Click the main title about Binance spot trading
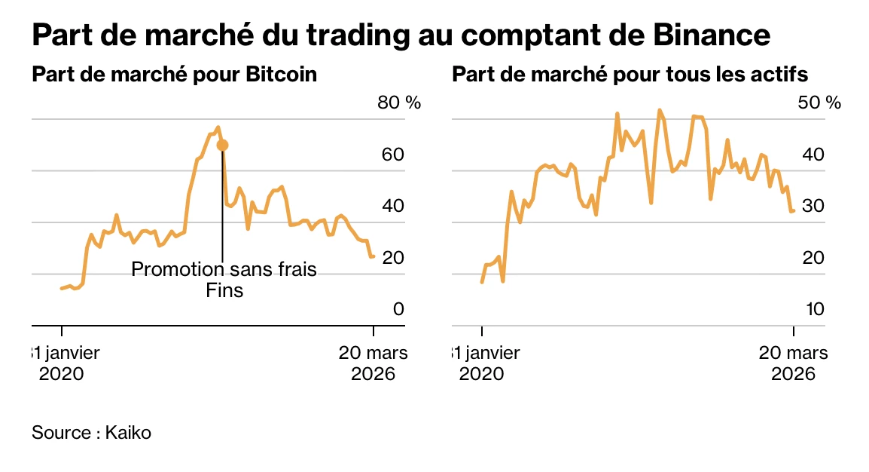click(x=401, y=35)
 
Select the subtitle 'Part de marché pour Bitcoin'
click(x=174, y=75)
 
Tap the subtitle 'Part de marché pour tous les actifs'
click(x=630, y=75)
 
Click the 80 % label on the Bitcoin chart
click(x=398, y=103)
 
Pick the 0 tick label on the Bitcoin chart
click(x=398, y=309)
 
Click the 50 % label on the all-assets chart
click(x=819, y=103)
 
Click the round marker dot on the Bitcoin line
click(x=221, y=145)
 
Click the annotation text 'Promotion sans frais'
click(x=224, y=269)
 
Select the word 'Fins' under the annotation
click(x=224, y=290)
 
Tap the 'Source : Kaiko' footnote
click(x=91, y=434)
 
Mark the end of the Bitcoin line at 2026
click(x=373, y=256)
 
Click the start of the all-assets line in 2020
click(x=482, y=281)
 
